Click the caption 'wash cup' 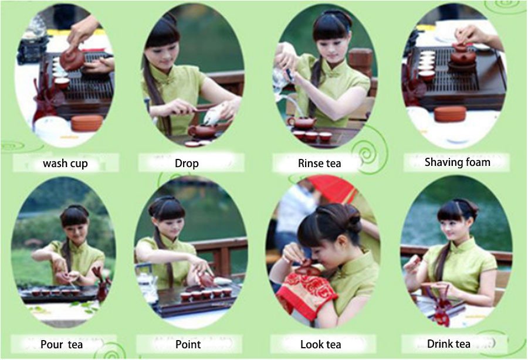tap(65, 164)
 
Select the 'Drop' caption tap(187, 164)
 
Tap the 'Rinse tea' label tap(319, 164)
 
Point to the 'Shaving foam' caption tap(457, 162)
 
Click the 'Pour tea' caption tap(62, 345)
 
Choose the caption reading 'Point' tap(188, 345)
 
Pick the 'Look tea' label tap(320, 345)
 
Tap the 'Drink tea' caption tap(449, 344)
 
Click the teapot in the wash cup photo tap(72, 58)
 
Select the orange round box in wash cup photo tap(87, 123)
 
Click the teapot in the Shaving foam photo tap(463, 56)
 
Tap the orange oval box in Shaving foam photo tap(450, 114)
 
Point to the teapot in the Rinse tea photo tap(302, 123)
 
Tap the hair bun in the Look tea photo tap(350, 218)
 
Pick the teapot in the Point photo tap(206, 280)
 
